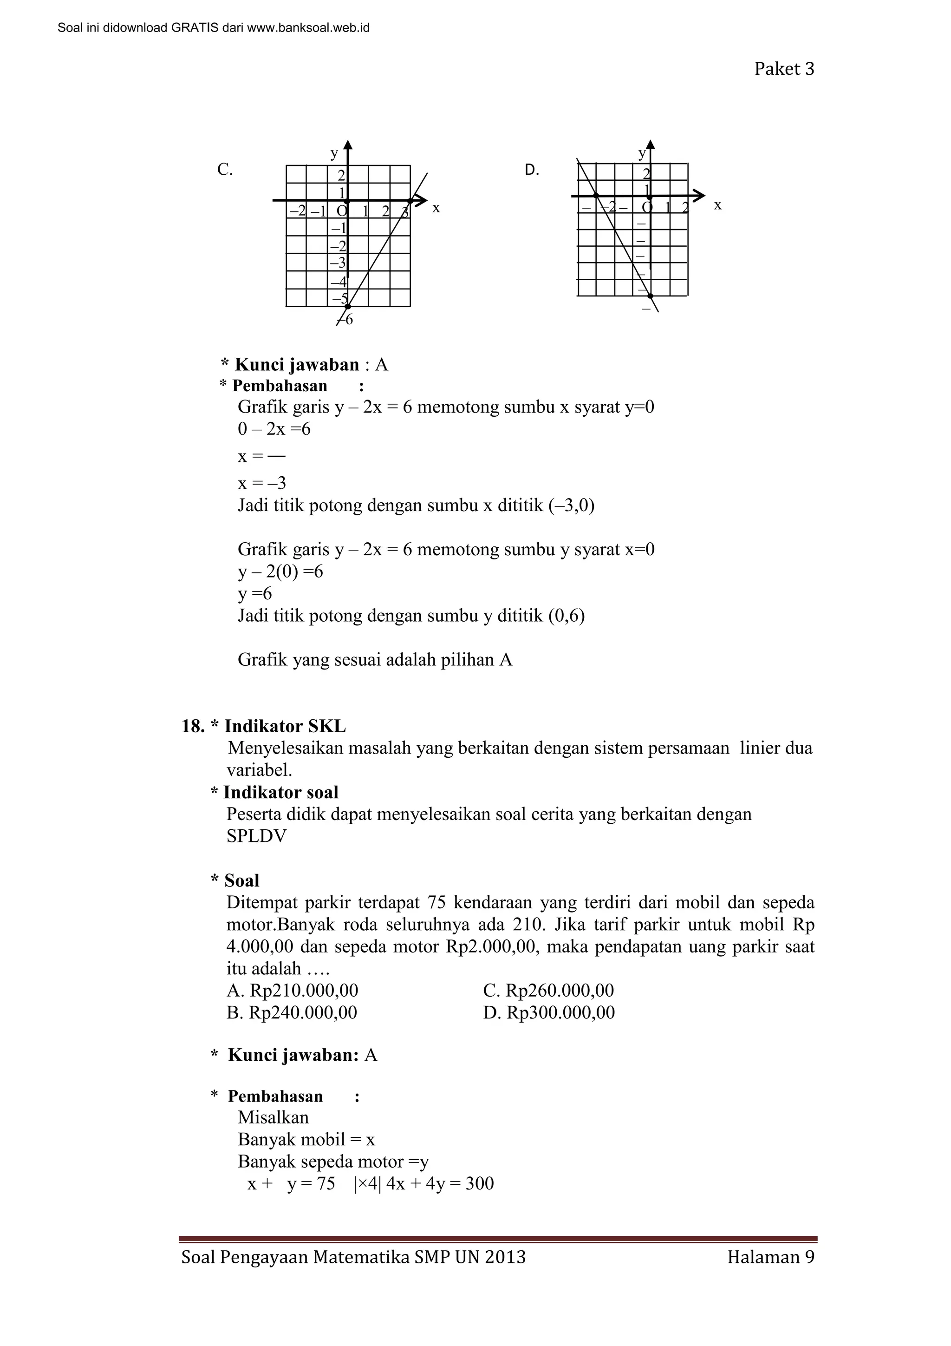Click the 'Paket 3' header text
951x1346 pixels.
(783, 69)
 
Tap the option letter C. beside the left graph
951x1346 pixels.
(225, 170)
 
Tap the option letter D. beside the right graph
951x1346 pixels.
(532, 171)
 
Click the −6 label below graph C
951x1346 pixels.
(347, 320)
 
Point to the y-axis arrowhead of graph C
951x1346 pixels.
(348, 145)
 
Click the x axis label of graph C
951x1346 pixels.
(436, 208)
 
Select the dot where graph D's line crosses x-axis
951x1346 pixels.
(596, 195)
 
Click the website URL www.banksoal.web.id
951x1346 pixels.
(308, 27)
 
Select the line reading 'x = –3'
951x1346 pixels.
(262, 484)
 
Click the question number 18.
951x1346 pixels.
(192, 726)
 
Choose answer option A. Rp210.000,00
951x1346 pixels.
(292, 991)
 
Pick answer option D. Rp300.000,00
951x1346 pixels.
(548, 1012)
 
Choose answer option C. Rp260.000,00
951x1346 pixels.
(548, 991)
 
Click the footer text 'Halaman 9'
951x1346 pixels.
(770, 1257)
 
